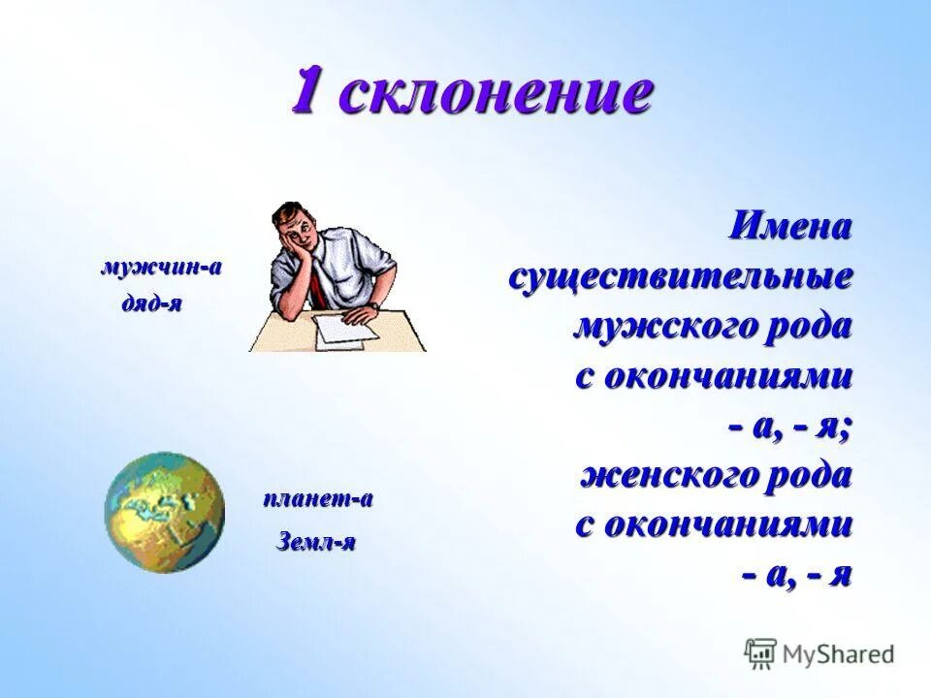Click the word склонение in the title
497,93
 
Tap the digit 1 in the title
308,92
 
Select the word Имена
790,228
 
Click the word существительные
681,277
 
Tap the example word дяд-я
151,303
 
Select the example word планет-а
318,499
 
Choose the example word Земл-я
316,541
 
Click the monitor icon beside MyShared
760,652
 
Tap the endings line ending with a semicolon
791,427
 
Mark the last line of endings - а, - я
797,576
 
